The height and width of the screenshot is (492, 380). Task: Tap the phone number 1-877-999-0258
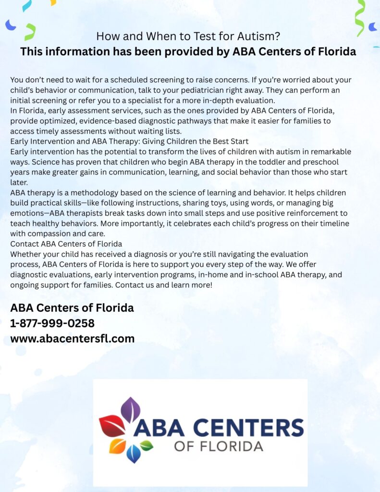[52, 323]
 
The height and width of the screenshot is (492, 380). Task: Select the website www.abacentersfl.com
[72, 339]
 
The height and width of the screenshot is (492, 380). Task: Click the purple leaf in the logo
[130, 409]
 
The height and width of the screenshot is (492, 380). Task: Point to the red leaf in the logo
[112, 426]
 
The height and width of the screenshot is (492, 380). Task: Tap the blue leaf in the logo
[134, 453]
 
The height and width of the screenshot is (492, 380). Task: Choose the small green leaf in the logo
[147, 445]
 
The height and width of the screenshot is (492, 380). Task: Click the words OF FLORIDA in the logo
[219, 446]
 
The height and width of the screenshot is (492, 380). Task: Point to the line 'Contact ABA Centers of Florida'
[66, 244]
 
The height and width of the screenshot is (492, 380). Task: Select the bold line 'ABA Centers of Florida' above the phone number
[72, 308]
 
